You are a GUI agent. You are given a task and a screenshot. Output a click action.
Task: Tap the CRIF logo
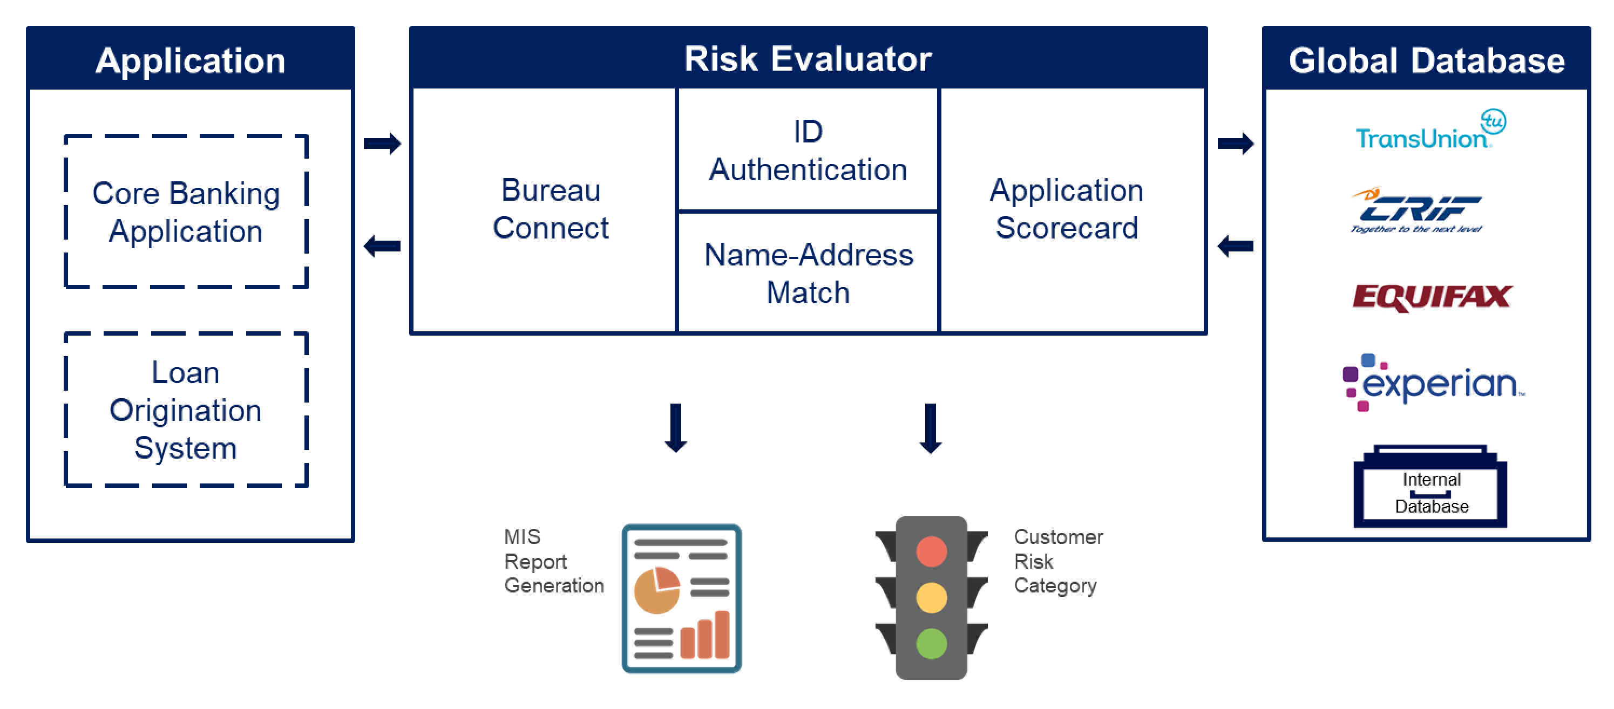1418,210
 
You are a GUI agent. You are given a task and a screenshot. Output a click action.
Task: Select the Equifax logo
1432,297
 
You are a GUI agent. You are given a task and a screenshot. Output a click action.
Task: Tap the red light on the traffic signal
931,551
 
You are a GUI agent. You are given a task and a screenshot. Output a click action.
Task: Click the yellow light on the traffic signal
931,597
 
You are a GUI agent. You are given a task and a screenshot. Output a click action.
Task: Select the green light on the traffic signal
931,643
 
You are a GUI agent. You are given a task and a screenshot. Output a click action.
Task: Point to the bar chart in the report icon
705,636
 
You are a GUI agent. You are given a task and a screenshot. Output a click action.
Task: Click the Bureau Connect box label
550,209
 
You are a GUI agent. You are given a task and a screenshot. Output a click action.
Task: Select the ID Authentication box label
808,151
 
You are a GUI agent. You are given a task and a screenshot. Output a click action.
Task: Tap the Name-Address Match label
808,274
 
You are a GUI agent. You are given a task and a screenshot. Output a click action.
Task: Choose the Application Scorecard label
1067,209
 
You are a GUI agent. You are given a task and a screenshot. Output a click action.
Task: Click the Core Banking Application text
186,212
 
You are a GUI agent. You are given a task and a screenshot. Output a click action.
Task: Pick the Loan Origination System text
186,410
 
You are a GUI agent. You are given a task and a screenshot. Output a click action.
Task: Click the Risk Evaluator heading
808,59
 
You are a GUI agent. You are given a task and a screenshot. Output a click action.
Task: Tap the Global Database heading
1427,61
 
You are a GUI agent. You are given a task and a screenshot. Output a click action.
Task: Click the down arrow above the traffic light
931,428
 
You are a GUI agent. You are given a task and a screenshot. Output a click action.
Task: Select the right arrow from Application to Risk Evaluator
382,144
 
